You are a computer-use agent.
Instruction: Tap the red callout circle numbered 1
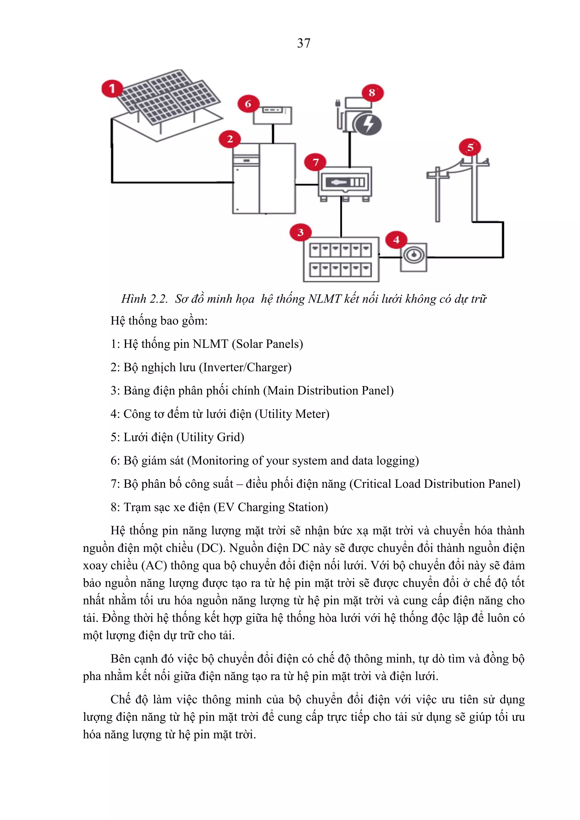[112, 88]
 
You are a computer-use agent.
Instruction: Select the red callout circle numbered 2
[230, 139]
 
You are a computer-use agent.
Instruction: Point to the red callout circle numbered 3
[300, 232]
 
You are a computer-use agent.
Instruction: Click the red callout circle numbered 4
[396, 240]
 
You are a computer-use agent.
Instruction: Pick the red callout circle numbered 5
[470, 147]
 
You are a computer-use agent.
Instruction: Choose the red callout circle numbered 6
[248, 104]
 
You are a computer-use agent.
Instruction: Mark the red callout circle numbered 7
[315, 162]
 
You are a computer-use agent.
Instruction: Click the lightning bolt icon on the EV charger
[368, 124]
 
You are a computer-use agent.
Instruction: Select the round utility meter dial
[413, 255]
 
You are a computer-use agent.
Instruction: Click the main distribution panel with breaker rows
[341, 260]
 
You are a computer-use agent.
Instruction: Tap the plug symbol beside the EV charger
[338, 104]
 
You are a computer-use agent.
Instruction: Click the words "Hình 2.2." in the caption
[144, 299]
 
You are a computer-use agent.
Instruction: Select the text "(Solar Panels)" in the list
[268, 344]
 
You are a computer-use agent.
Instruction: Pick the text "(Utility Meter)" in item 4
[292, 414]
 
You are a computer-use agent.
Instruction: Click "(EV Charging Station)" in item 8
[270, 507]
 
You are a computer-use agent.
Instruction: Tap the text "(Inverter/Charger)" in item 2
[245, 367]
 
